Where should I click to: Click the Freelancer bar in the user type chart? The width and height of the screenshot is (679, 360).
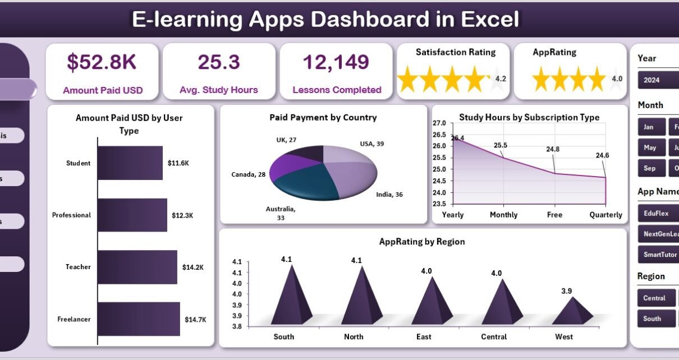pyautogui.click(x=139, y=319)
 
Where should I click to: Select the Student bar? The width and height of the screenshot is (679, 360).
pyautogui.click(x=130, y=163)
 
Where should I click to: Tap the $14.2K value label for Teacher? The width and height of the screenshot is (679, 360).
pyautogui.click(x=192, y=267)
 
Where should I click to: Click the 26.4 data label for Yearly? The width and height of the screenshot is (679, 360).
pyautogui.click(x=457, y=138)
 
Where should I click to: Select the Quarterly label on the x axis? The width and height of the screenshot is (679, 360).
pyautogui.click(x=605, y=215)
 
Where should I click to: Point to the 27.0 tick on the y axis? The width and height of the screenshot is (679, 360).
pyautogui.click(x=439, y=123)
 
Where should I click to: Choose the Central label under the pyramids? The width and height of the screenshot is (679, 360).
pyautogui.click(x=494, y=337)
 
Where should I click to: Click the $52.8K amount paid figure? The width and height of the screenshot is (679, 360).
pyautogui.click(x=103, y=63)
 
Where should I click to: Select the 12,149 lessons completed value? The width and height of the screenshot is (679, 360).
pyautogui.click(x=336, y=62)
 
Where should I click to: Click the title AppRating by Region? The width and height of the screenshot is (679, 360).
pyautogui.click(x=422, y=242)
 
